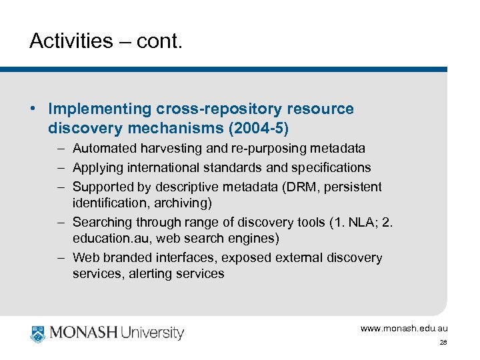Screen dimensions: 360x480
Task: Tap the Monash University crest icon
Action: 37,333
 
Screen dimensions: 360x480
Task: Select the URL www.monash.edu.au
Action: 404,328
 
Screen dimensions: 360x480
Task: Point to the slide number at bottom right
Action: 443,342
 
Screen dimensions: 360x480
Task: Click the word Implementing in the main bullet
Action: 101,109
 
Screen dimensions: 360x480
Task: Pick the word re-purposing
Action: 270,148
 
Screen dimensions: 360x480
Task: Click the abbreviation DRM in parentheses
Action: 306,187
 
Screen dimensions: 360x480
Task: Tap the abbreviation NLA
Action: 363,222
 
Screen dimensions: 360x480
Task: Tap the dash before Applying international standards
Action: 60,167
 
